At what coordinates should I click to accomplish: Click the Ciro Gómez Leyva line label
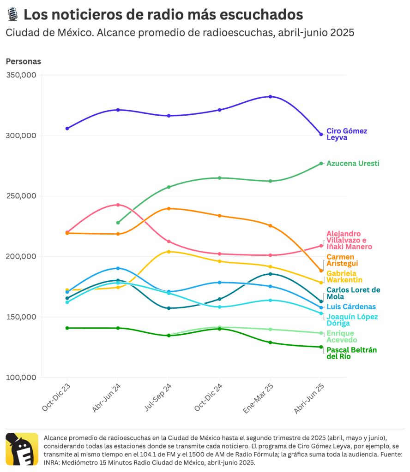(347, 134)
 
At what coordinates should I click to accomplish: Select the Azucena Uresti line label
(353, 164)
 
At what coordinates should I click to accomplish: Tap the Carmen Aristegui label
(342, 260)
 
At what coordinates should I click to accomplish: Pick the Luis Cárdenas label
(351, 307)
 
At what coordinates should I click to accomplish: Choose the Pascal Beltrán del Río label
(351, 353)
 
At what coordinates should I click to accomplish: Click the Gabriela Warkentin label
(344, 277)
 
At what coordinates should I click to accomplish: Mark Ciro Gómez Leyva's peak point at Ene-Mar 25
(271, 96)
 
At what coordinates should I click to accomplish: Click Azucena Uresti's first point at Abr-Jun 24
(118, 223)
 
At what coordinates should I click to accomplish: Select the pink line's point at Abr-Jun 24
(118, 205)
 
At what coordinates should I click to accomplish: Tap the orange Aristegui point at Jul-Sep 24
(169, 208)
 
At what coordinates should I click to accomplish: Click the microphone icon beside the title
(12, 15)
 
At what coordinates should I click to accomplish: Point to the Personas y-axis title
(23, 61)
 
